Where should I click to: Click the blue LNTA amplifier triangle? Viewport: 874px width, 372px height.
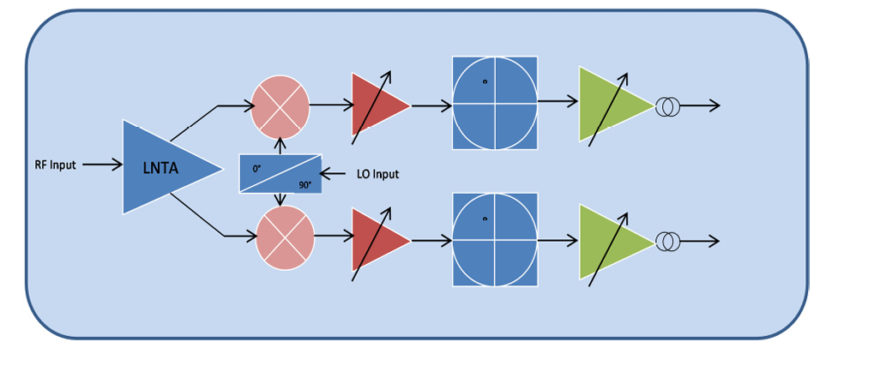[x=163, y=167]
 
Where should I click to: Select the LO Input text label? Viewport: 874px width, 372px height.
[x=377, y=174]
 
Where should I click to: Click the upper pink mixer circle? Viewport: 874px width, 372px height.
[x=280, y=106]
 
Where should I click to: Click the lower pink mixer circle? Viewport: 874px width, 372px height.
[x=285, y=236]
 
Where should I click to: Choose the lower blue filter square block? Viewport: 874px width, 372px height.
[x=495, y=238]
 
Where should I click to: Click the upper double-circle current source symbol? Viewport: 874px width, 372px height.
[x=667, y=106]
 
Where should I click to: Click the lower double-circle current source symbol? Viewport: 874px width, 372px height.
[x=667, y=242]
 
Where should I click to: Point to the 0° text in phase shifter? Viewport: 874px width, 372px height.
[x=257, y=169]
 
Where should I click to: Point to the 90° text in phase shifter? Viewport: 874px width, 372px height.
[x=304, y=184]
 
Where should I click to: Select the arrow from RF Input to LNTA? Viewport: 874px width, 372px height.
[x=103, y=165]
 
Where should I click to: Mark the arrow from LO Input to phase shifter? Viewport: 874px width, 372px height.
[x=336, y=174]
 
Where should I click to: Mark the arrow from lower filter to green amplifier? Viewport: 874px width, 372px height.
[x=558, y=240]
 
